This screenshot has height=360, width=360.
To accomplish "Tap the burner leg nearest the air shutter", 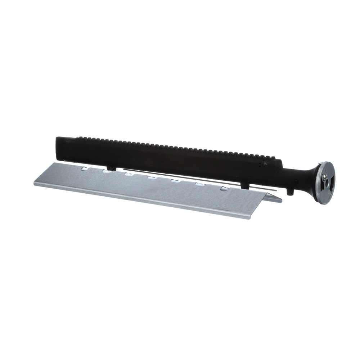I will click(x=291, y=191).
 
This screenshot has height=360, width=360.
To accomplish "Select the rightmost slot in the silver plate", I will click(x=226, y=187).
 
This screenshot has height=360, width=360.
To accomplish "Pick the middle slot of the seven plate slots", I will click(x=152, y=177).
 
